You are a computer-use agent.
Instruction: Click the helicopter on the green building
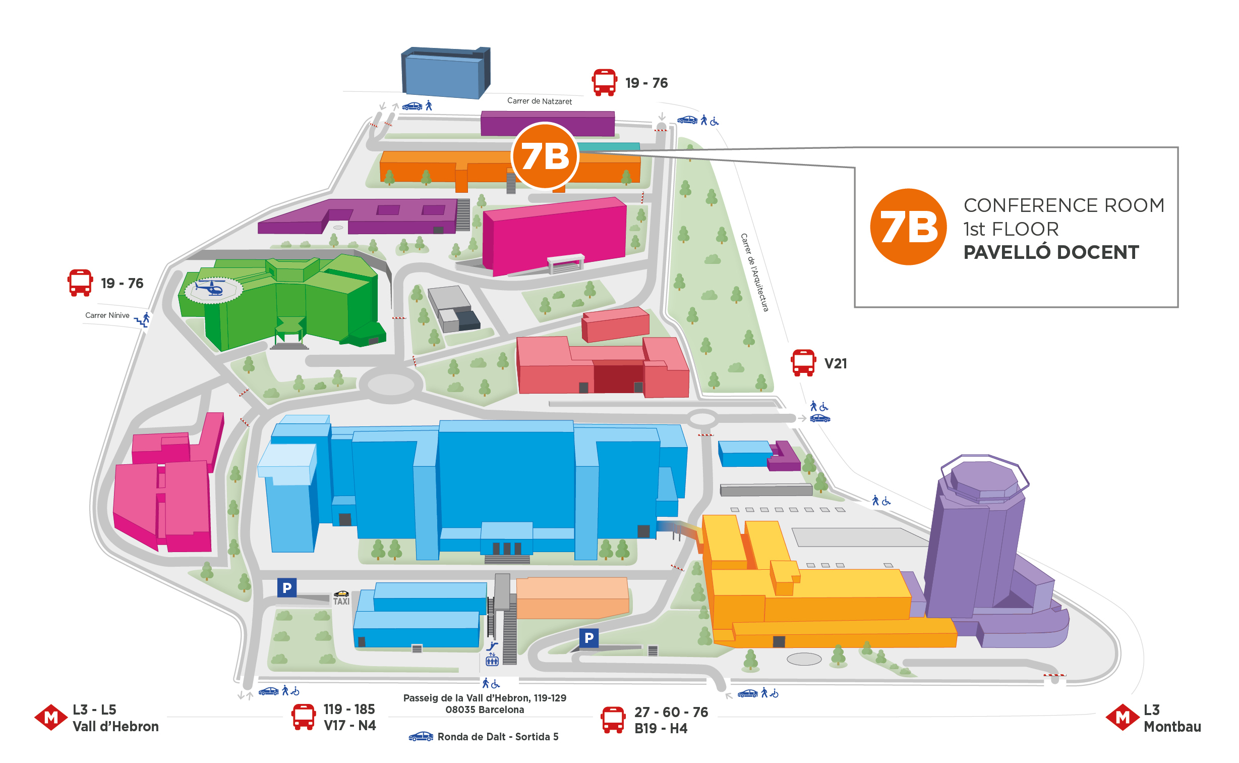coord(211,289)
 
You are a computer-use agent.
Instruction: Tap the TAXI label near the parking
coord(341,601)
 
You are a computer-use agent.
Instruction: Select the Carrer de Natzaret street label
coord(539,101)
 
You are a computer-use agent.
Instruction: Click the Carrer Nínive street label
coord(107,315)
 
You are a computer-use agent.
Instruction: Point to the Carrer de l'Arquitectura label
coord(754,272)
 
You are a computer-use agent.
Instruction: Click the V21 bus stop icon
coord(803,363)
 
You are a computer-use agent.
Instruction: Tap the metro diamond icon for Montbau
coord(1123,718)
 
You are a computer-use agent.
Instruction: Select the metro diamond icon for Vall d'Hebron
coord(51,718)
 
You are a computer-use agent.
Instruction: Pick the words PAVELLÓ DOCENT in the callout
coord(1051,252)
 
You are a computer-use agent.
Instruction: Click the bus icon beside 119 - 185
coord(304,717)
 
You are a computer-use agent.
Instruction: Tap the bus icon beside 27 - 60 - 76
coord(613,720)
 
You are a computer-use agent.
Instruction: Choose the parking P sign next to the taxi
coord(287,587)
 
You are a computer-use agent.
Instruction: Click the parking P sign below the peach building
coord(588,638)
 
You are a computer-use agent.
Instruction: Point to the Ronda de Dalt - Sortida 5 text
coord(498,737)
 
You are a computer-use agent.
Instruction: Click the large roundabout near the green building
coord(391,385)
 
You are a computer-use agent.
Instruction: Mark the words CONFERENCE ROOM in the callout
coord(1064,205)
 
